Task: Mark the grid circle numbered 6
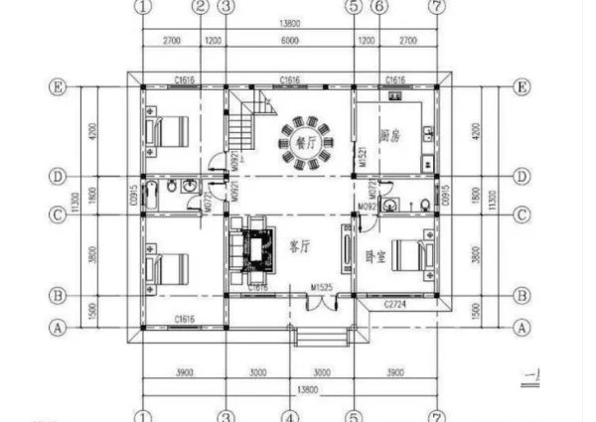click(378, 6)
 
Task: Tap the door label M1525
click(320, 288)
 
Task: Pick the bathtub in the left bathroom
click(151, 196)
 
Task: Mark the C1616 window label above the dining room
click(290, 78)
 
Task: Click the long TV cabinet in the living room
click(347, 249)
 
